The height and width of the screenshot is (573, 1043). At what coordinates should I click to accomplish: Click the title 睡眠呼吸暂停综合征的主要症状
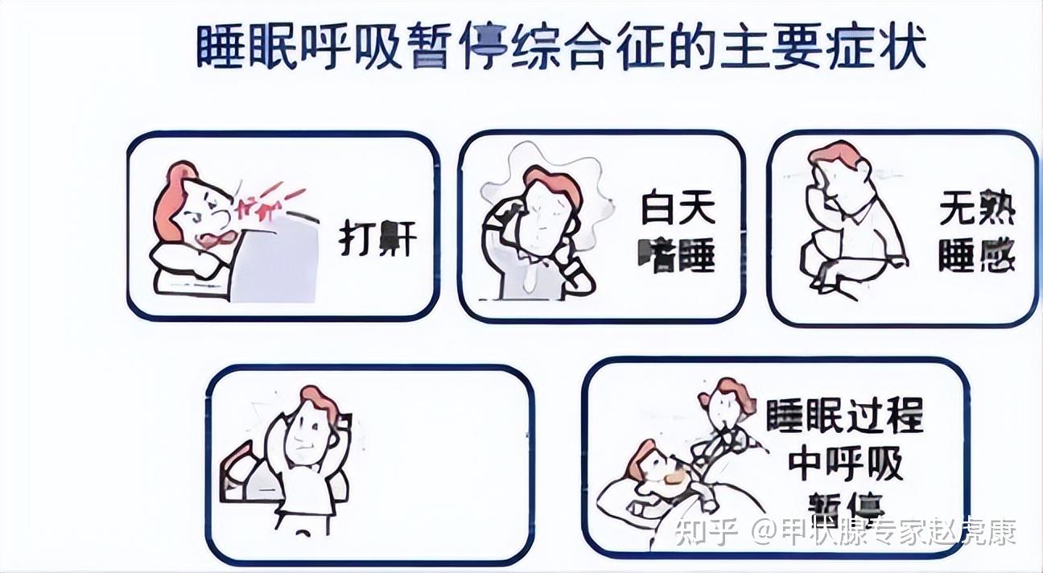pos(561,47)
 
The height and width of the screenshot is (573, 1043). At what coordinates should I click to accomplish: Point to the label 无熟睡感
pos(975,233)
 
